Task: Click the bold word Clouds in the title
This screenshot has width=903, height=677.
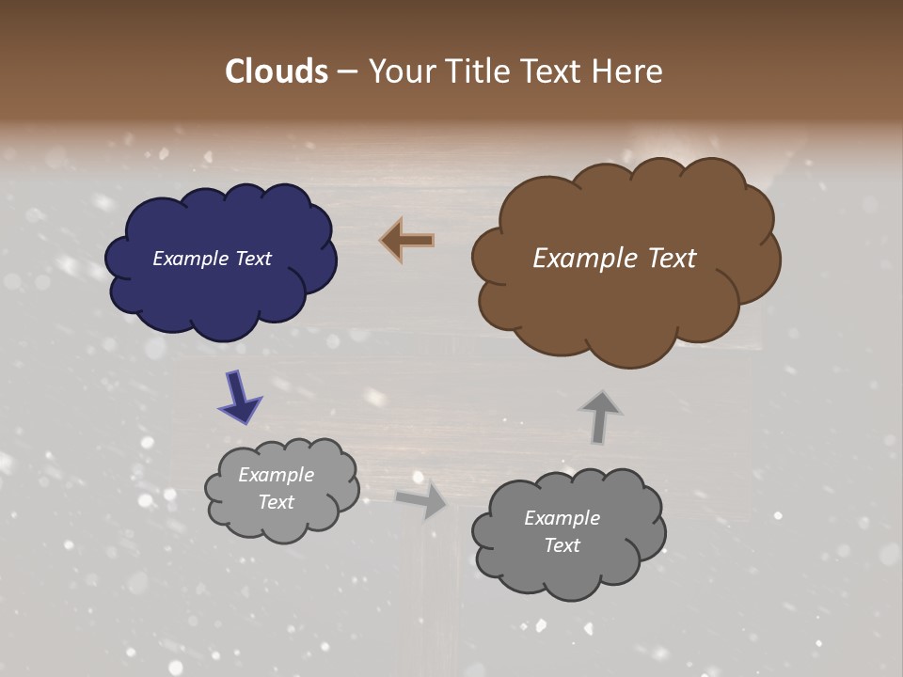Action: pos(276,71)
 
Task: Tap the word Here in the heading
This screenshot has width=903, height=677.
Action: pos(627,71)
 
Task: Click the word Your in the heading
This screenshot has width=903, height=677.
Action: pos(402,71)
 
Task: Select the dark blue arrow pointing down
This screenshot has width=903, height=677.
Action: pos(240,397)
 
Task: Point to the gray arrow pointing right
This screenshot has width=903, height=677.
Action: pos(423,500)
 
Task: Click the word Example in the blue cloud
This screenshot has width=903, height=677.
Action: pos(193,259)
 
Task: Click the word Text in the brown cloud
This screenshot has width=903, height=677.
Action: pos(671,259)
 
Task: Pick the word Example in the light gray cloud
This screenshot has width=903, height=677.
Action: pos(276,475)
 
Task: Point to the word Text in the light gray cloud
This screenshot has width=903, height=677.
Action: pos(276,502)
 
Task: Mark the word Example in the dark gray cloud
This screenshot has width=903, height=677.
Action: pos(562,518)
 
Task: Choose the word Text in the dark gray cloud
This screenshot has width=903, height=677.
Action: pos(562,545)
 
